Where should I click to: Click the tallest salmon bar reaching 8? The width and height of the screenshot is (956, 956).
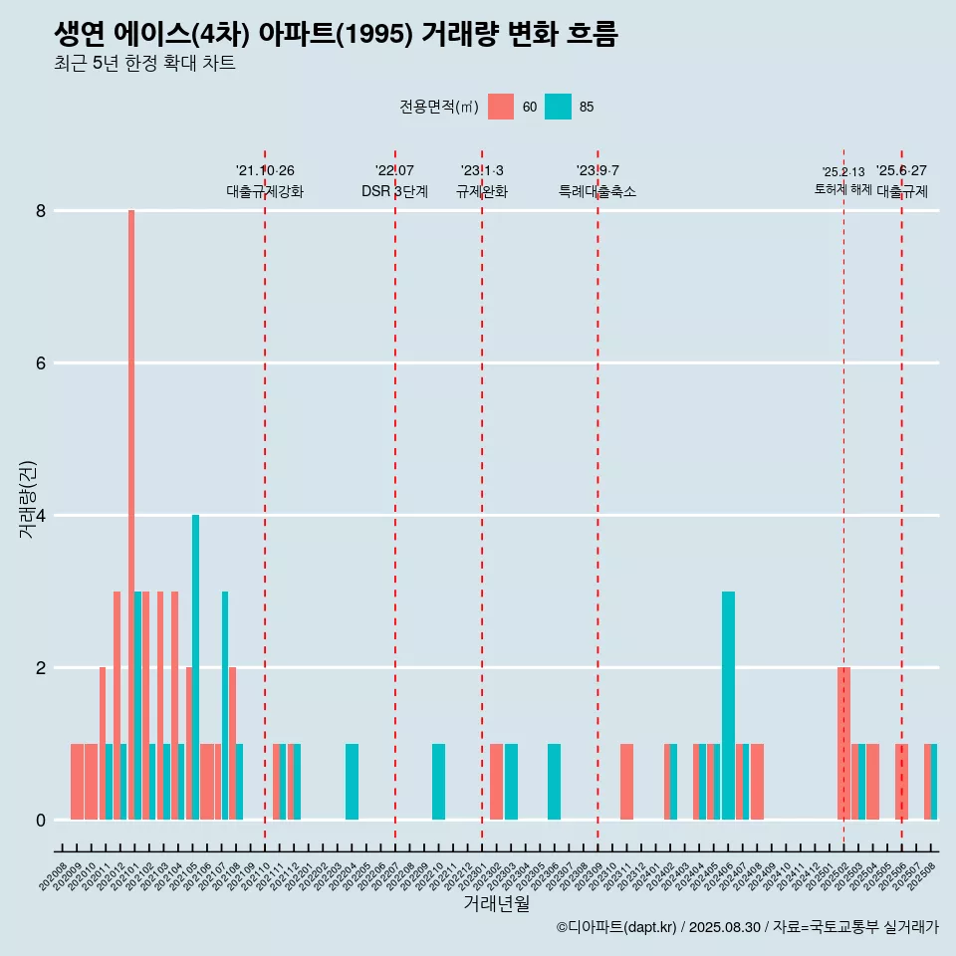tap(130, 515)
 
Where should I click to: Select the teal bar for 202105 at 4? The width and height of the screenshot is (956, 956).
tap(196, 667)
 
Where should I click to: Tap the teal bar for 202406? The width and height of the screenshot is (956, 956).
tap(729, 705)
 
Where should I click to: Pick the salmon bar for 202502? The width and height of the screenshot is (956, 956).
tap(844, 743)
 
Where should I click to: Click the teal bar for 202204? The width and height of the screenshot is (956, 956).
tap(352, 782)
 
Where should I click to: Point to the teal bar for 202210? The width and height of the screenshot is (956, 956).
tap(438, 782)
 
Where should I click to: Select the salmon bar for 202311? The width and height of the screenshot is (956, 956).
tap(627, 782)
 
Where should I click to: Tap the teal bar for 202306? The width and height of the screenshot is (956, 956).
tap(554, 782)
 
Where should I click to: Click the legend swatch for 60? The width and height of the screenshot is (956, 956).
tap(501, 107)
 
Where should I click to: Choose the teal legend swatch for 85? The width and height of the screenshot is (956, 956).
tap(559, 107)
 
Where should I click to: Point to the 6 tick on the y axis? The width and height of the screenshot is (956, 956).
tap(41, 363)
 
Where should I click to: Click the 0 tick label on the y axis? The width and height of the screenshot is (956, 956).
tap(41, 821)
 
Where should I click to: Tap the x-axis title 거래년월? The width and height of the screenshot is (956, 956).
tap(496, 903)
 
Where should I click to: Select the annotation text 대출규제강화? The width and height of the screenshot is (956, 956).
tap(265, 191)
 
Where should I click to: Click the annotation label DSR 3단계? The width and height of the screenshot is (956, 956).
tap(394, 191)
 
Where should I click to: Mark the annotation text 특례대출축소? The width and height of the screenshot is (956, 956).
tap(597, 191)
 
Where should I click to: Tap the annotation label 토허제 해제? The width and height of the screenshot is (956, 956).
tap(842, 189)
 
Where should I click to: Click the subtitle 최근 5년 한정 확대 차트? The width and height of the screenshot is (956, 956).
tap(145, 64)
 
